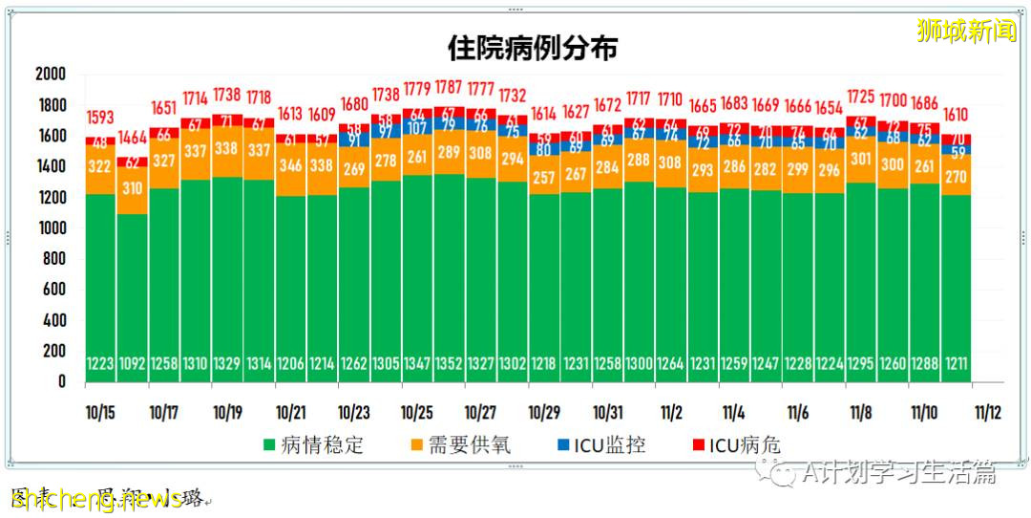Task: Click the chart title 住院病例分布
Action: pyautogui.click(x=534, y=48)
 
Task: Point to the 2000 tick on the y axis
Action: pyautogui.click(x=50, y=75)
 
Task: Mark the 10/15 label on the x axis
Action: pyautogui.click(x=99, y=413)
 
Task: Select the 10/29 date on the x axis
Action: pyautogui.click(x=543, y=413)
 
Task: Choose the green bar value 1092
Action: pyautogui.click(x=132, y=364)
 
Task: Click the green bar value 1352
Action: pyautogui.click(x=449, y=364)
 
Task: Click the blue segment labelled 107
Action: pyautogui.click(x=417, y=128)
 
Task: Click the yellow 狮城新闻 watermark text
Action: pyautogui.click(x=966, y=31)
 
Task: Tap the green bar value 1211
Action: pyautogui.click(x=956, y=364)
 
